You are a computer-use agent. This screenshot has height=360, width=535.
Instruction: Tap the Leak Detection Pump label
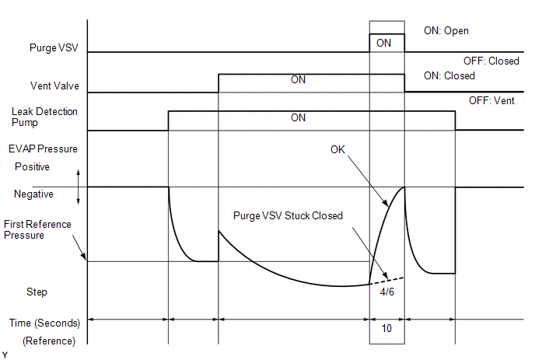44,117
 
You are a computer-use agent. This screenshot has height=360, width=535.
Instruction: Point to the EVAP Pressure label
44,149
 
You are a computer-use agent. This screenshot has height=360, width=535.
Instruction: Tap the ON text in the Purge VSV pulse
383,43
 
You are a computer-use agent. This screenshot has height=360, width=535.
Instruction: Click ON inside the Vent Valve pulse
298,80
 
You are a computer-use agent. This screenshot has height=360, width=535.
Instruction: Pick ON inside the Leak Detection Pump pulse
298,117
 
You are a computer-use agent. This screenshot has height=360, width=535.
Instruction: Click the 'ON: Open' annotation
446,31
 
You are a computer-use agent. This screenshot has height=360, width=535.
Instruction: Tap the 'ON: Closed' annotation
449,76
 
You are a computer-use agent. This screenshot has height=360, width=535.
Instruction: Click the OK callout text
338,149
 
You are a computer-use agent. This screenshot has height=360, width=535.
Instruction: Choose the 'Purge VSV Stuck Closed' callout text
288,216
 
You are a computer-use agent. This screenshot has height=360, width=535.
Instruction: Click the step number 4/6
386,292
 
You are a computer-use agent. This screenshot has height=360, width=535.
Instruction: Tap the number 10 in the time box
386,329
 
